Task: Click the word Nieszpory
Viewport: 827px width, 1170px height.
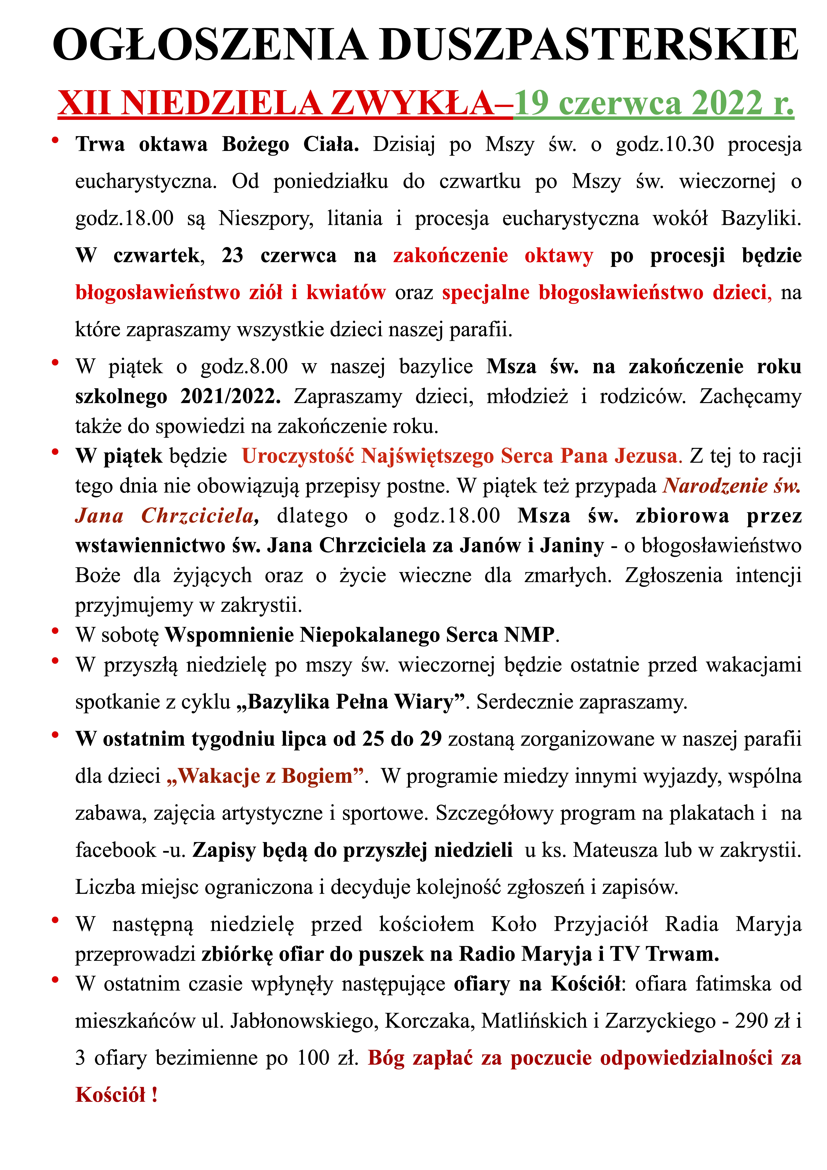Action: pos(266,219)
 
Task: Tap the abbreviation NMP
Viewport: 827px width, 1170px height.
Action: pos(529,635)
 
